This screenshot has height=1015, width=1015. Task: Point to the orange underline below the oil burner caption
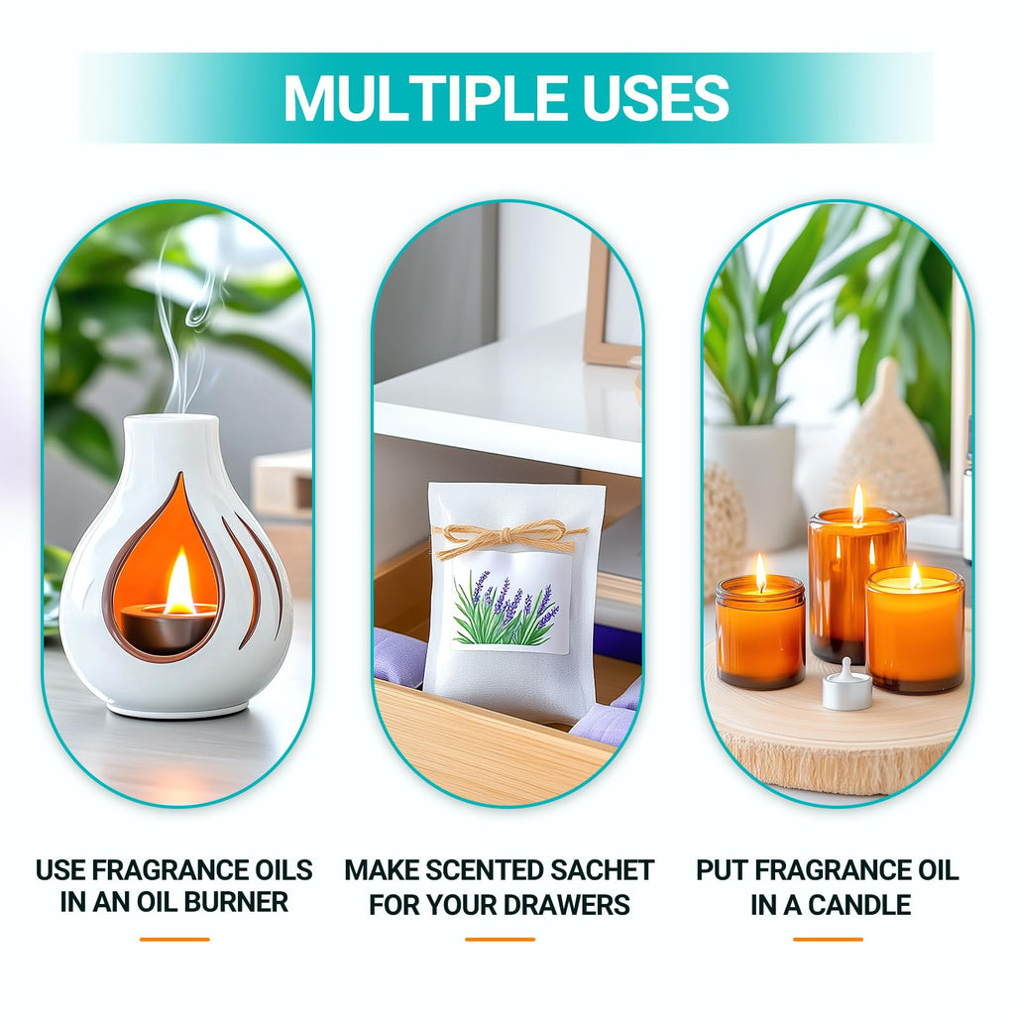point(174,940)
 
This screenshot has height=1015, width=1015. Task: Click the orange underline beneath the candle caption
point(828,940)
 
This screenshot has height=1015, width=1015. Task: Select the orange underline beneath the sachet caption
point(500,940)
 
